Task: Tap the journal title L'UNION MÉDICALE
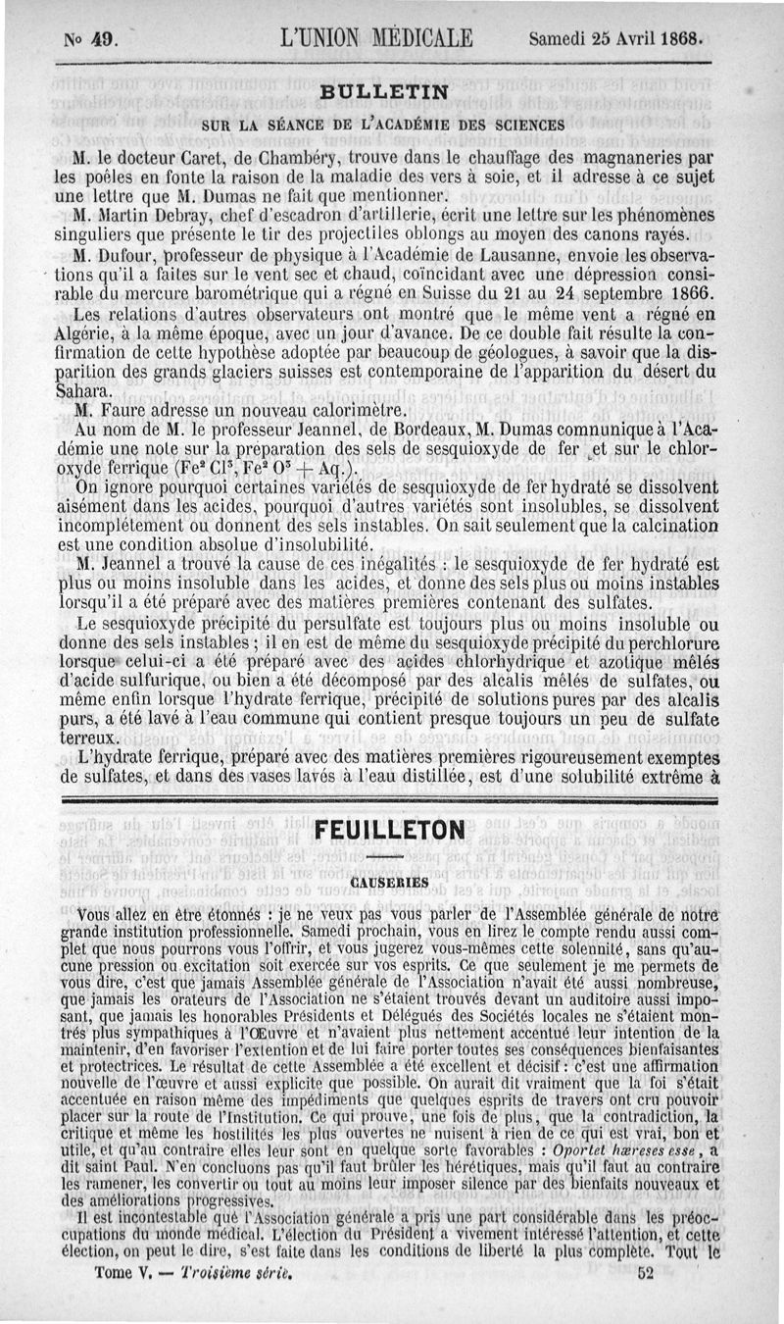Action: pos(376,40)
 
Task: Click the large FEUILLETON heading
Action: pos(389,830)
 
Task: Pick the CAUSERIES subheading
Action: pos(389,883)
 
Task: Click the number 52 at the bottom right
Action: pos(644,1300)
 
